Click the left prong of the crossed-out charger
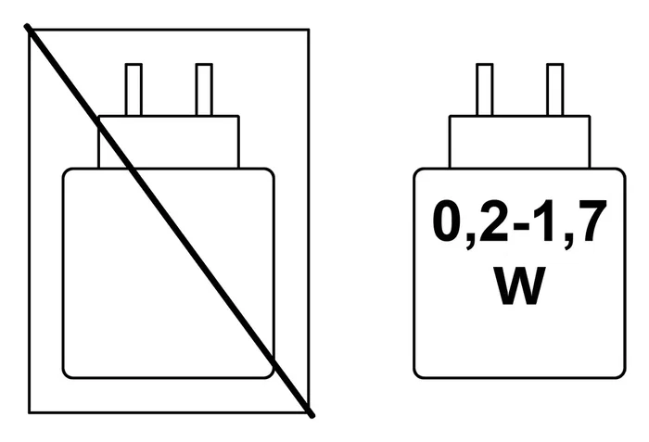tap(134, 89)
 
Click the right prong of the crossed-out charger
tap(204, 89)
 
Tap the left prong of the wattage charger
tap(485, 89)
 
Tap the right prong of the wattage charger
tap(555, 89)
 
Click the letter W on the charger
tap(520, 285)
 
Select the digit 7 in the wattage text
tap(593, 221)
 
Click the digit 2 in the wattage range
tap(493, 221)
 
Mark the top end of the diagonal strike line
tap(27, 27)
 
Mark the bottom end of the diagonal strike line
tap(312, 415)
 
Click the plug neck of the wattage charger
tap(520, 142)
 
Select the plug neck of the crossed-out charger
tap(169, 142)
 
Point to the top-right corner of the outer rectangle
tap(309, 30)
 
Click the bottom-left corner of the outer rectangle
tap(29, 412)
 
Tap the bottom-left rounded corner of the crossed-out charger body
tap(66, 375)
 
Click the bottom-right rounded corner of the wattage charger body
tap(622, 375)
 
